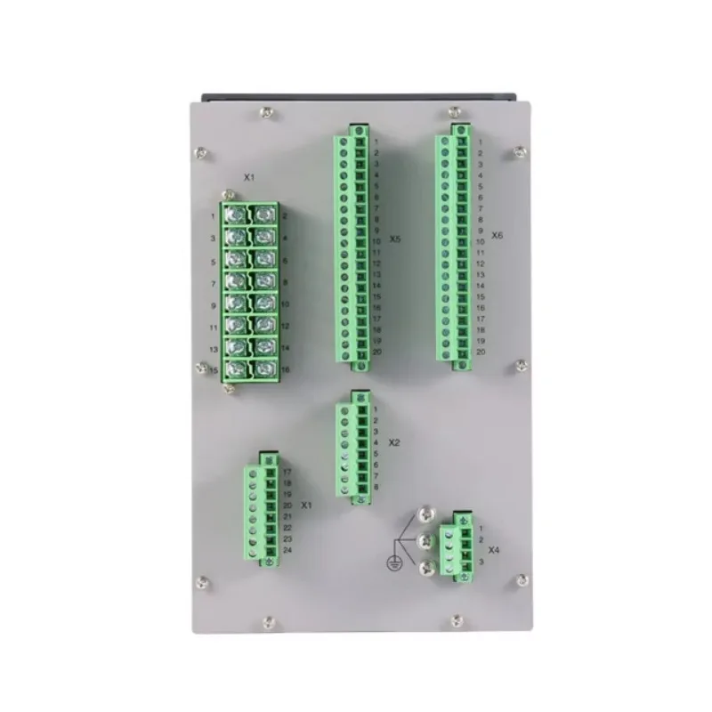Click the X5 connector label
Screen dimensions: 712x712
click(395, 240)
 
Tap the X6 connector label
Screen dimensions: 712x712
click(498, 236)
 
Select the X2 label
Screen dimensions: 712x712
click(395, 441)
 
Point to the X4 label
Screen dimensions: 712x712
click(493, 550)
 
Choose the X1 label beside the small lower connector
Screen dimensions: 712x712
click(306, 505)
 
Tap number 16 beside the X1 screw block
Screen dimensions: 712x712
click(284, 369)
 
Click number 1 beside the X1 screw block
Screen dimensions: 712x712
click(213, 216)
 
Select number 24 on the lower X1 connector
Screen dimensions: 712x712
click(287, 551)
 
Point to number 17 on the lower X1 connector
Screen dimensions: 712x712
click(287, 471)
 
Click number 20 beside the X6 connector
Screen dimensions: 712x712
click(481, 352)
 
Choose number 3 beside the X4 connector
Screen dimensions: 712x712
click(480, 562)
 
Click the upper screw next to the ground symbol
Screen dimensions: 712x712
click(426, 515)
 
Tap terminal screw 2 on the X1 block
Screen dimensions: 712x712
click(263, 215)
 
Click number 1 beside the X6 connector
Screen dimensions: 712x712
click(481, 142)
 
